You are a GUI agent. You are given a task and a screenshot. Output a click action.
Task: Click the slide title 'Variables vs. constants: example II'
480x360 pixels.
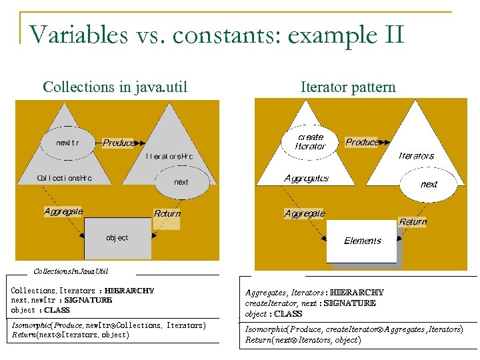point(217,33)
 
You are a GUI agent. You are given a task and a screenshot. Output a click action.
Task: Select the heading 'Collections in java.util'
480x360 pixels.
point(115,87)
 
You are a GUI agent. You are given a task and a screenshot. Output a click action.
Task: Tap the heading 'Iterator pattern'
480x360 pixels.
point(348,87)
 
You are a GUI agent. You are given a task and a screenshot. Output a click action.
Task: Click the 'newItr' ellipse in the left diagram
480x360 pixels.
point(67,142)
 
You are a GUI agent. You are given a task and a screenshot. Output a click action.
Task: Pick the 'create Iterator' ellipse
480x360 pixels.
point(311,141)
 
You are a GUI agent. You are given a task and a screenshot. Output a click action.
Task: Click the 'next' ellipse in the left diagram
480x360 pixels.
point(181,181)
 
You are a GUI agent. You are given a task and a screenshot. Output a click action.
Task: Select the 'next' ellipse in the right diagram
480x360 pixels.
point(429,184)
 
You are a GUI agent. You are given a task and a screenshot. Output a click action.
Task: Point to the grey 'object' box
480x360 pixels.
point(117,238)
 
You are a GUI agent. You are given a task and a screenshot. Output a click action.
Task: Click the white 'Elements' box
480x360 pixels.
point(363,241)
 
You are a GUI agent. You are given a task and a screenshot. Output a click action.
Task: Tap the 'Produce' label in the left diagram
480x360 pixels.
point(118,143)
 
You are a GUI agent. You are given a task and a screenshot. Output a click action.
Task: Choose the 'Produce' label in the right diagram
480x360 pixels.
point(362,142)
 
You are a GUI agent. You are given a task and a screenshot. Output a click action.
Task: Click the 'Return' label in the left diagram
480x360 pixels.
point(167,214)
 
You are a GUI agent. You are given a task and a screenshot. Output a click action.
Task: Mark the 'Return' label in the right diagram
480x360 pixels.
point(413,222)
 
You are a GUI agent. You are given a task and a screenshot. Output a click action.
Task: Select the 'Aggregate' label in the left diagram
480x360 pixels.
point(63,211)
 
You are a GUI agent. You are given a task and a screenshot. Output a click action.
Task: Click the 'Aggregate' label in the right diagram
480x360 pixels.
point(304,214)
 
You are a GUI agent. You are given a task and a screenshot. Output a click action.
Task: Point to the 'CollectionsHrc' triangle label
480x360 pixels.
point(64,178)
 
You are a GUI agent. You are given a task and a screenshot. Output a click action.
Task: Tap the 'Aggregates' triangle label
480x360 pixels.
point(306,178)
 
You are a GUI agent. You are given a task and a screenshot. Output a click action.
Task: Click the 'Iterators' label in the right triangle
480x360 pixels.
point(416,155)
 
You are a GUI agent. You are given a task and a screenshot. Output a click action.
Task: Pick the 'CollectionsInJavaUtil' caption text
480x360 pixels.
point(71,271)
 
